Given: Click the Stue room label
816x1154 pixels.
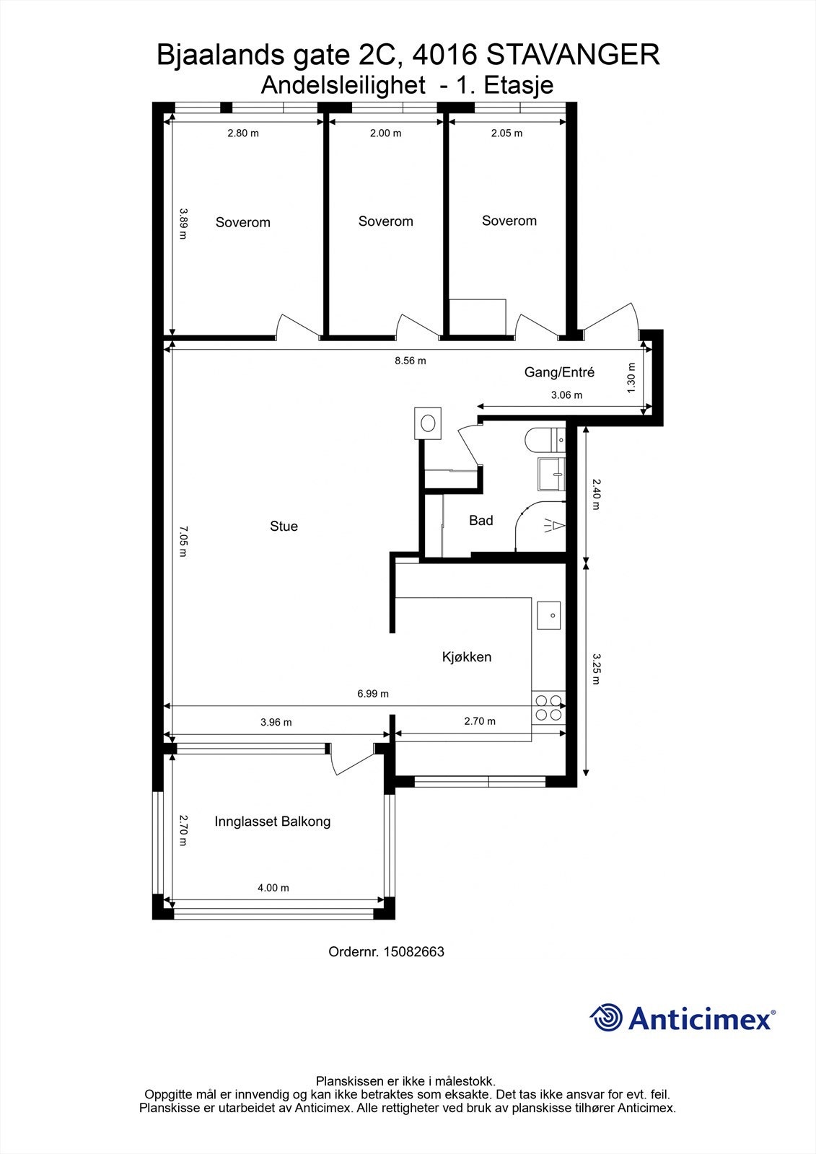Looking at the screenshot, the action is pos(284,526).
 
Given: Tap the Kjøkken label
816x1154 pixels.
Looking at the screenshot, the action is pos(467,657).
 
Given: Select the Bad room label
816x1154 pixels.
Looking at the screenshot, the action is pos(481,520).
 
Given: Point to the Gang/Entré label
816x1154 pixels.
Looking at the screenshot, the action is pos(559,372).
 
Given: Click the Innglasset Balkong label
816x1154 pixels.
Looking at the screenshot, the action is pos(272,822).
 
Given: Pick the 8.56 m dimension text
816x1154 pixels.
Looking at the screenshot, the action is pos(411,361).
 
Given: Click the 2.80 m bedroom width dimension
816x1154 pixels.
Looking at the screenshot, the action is pos(243,133).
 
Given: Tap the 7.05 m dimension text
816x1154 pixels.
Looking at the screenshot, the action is pos(183,542).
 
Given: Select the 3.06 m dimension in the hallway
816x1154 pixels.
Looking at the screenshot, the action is pos(566,395).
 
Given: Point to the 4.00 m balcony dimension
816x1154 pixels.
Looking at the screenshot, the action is pos(273,888).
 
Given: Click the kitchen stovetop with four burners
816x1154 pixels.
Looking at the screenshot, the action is pos(548,708).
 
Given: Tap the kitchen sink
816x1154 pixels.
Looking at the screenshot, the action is pos(548,615).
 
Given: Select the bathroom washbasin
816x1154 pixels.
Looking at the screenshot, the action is pos(551,473).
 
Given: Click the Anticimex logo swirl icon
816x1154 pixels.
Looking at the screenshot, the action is pos(606,1018).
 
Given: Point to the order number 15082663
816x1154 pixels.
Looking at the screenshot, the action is pos(413,951).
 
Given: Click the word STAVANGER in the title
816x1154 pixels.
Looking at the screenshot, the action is pos(573,55).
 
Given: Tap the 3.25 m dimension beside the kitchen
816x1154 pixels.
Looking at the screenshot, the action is pos(596,669).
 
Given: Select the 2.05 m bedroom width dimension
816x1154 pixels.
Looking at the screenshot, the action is pos(506,133).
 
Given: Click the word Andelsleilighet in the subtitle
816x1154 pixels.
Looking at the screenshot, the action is pos(343,86).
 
